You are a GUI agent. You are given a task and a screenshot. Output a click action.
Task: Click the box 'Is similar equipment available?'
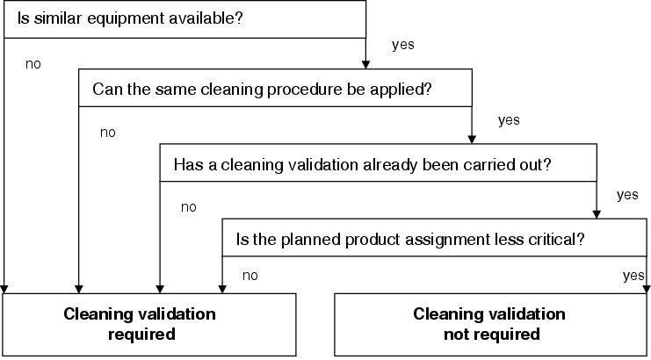[184, 19]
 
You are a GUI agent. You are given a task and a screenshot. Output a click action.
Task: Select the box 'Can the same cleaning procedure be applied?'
[275, 88]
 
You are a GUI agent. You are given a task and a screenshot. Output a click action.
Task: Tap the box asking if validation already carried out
[379, 162]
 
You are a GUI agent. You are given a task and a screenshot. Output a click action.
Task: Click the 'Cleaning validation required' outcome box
[149, 325]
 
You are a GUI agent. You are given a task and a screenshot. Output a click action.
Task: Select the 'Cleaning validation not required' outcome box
[491, 325]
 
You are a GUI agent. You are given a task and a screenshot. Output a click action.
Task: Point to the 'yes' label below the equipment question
[402, 45]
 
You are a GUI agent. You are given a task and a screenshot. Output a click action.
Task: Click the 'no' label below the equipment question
[33, 64]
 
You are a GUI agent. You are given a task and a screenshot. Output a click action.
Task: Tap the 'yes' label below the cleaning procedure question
[509, 120]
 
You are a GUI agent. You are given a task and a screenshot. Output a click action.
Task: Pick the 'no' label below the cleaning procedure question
[107, 133]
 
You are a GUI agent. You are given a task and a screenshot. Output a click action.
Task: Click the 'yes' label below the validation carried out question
[627, 195]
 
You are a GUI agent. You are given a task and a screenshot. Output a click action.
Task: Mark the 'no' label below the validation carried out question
[189, 207]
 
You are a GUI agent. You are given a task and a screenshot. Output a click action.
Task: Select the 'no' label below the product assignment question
[250, 276]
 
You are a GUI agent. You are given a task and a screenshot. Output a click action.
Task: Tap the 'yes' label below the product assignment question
[633, 276]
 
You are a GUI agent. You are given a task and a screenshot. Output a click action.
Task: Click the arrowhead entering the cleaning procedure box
[365, 65]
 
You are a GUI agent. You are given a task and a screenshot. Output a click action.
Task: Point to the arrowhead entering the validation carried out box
[472, 140]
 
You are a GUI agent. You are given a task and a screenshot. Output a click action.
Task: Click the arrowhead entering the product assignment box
[597, 214]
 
